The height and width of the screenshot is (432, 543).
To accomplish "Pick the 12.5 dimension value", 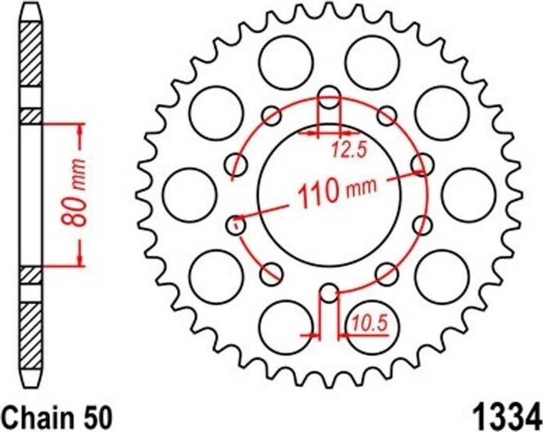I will pyautogui.click(x=349, y=151).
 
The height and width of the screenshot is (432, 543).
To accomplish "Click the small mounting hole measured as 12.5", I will pyautogui.click(x=329, y=99).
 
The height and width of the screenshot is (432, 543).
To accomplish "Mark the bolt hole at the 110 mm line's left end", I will pyautogui.click(x=235, y=225).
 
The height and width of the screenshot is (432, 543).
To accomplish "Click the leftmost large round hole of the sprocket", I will pyautogui.click(x=190, y=195).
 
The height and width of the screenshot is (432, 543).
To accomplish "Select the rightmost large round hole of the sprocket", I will pyautogui.click(x=468, y=195).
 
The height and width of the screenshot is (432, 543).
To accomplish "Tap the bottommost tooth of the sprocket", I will pyautogui.click(x=329, y=377).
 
